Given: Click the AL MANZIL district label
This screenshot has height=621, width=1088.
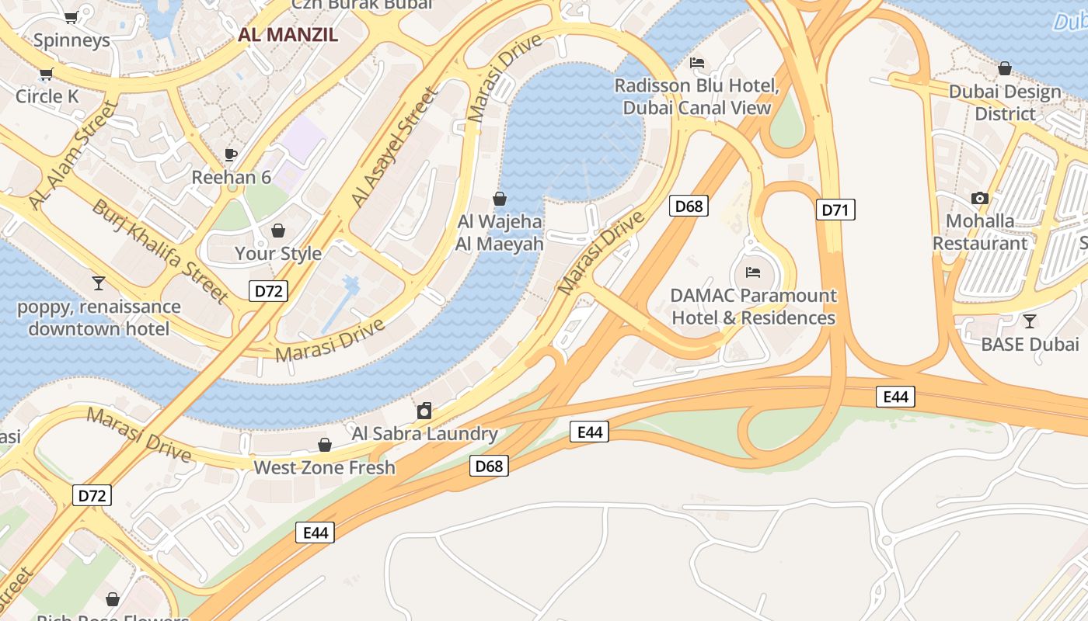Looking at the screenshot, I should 288,35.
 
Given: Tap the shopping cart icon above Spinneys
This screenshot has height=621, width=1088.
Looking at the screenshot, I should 71,17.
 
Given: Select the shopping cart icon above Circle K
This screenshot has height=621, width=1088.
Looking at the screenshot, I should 46,75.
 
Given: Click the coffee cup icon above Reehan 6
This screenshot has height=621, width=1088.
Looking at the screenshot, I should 231,154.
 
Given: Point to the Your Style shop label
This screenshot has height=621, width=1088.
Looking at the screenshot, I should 278,253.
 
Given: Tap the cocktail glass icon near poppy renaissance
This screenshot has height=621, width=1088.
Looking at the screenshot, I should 99,283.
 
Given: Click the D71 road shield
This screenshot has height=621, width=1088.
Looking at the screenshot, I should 835,210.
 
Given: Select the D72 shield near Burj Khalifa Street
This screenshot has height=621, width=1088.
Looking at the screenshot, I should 269,291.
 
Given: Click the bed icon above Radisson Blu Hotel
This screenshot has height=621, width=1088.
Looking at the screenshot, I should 697,62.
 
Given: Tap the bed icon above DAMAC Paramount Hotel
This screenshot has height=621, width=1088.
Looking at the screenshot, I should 753,272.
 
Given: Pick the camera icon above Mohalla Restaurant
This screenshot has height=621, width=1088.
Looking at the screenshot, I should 980,198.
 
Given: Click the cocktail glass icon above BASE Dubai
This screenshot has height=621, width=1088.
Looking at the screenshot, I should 1030,321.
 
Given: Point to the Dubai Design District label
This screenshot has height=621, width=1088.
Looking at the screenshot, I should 1005,102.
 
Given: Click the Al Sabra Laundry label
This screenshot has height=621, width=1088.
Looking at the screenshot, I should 424,433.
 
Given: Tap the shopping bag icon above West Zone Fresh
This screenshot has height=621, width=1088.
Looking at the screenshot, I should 325,445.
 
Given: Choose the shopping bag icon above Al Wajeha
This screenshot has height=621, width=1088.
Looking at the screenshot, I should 500,199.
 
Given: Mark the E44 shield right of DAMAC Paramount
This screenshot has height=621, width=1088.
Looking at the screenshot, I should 895,397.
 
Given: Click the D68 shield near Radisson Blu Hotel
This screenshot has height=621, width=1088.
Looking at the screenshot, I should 689,206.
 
